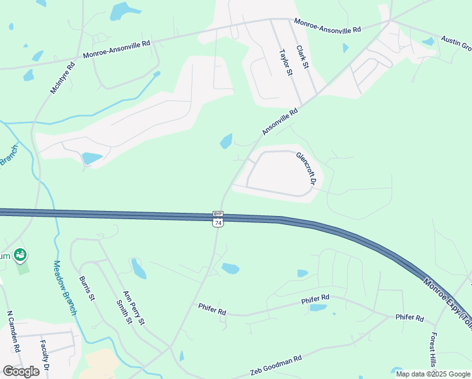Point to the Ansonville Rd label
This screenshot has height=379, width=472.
click(x=280, y=121)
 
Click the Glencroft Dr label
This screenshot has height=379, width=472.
click(x=305, y=168)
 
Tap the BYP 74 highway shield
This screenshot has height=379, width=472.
click(x=218, y=219)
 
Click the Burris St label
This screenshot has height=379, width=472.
click(x=87, y=288)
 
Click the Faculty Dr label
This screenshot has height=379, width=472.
click(x=45, y=356)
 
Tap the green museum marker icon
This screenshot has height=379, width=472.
click(x=20, y=255)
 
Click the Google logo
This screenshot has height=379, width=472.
click(x=21, y=371)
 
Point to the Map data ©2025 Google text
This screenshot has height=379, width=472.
click(x=433, y=374)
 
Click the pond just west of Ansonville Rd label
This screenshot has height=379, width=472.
click(x=226, y=141)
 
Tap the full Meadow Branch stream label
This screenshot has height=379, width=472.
click(x=65, y=287)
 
